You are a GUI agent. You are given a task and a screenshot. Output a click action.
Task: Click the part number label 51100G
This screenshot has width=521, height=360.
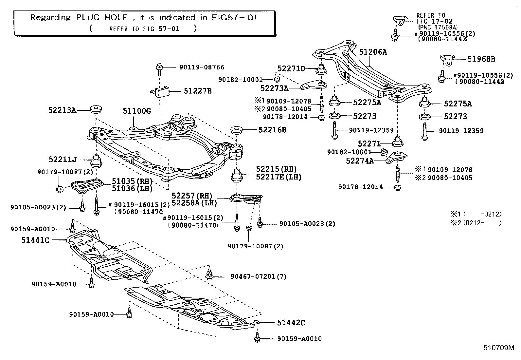(137, 111)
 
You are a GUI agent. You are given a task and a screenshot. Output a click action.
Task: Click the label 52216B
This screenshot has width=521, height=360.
(272, 130)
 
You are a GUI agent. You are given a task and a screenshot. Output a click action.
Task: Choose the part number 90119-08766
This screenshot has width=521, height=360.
(202, 67)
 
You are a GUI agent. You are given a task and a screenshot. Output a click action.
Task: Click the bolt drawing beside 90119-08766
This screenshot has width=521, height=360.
(160, 68)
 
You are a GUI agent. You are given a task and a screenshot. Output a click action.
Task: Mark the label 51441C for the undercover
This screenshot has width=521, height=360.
(35, 240)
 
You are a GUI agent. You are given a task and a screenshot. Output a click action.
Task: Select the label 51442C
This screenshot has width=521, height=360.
(291, 323)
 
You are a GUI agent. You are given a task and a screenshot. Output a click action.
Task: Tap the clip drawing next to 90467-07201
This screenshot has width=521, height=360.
(209, 275)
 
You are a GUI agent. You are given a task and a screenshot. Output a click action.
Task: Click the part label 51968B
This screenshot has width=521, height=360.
(481, 59)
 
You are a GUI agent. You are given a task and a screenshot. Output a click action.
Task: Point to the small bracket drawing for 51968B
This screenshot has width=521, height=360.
(447, 61)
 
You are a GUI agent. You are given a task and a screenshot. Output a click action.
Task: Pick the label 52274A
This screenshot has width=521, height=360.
(360, 161)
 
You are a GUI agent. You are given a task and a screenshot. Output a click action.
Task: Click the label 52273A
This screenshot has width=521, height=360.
(274, 88)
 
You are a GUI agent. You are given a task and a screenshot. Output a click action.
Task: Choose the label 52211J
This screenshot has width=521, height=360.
(63, 160)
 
